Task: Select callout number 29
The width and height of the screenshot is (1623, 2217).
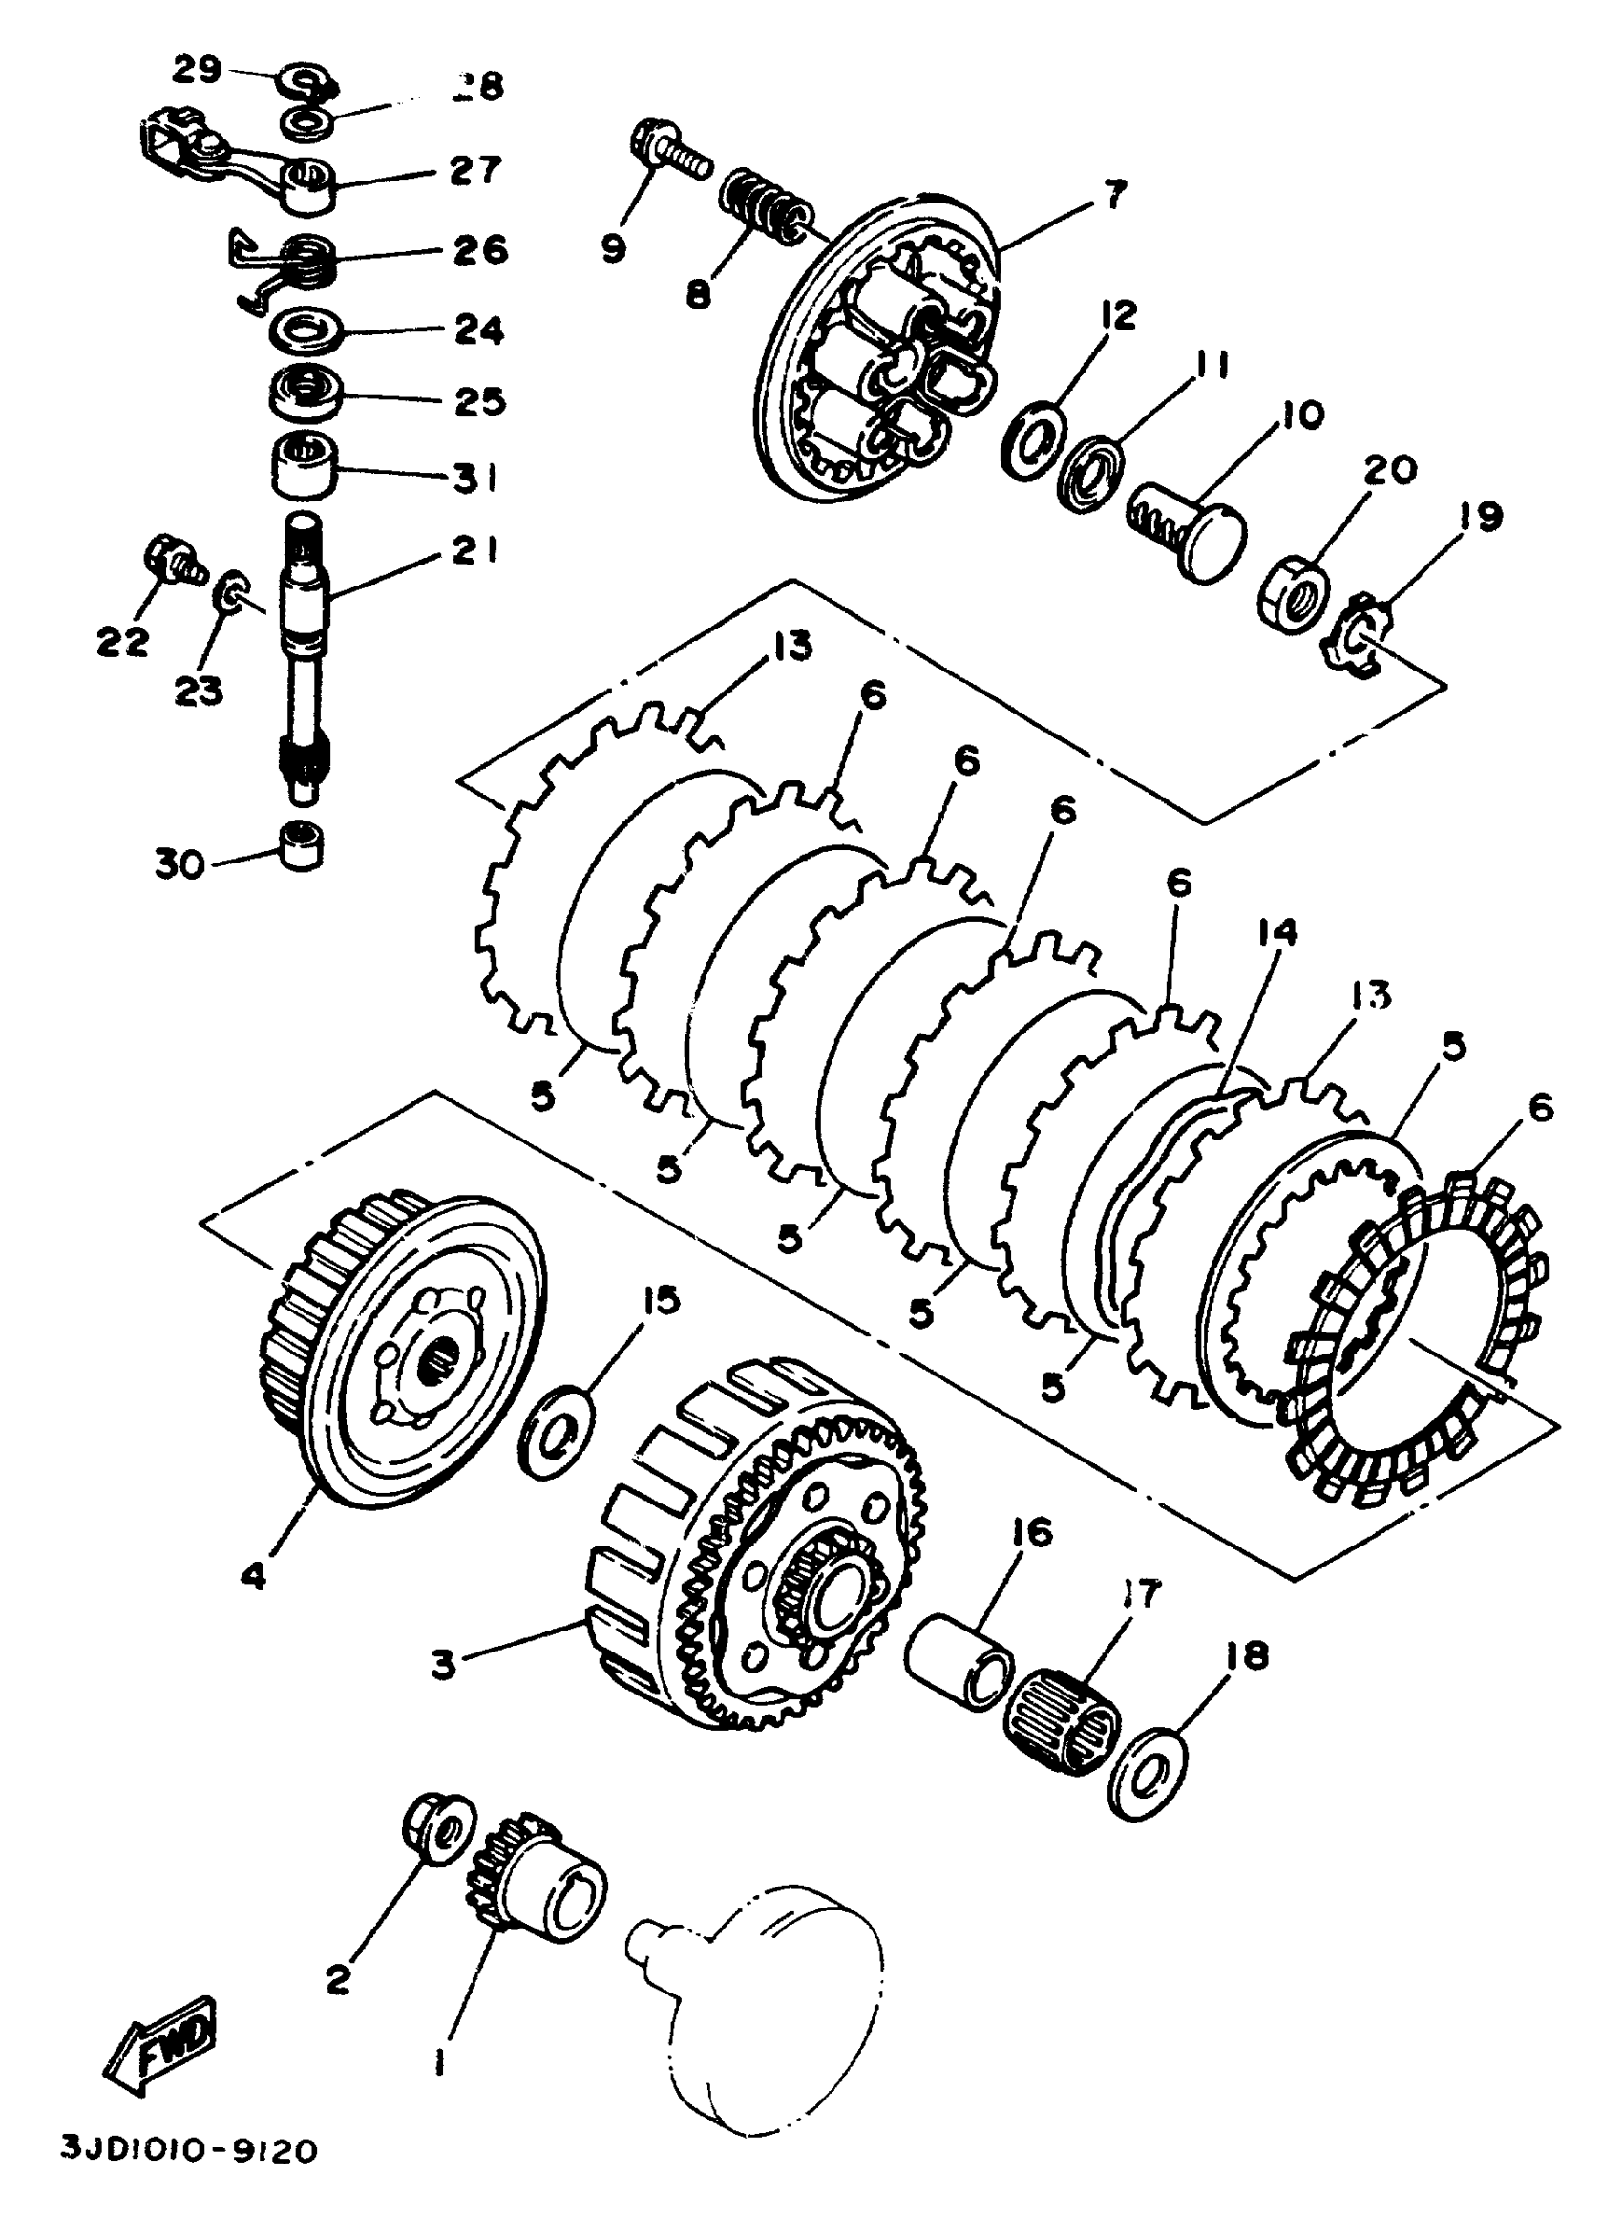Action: pyautogui.click(x=198, y=71)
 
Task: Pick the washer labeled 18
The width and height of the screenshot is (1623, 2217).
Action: pyautogui.click(x=1147, y=1776)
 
